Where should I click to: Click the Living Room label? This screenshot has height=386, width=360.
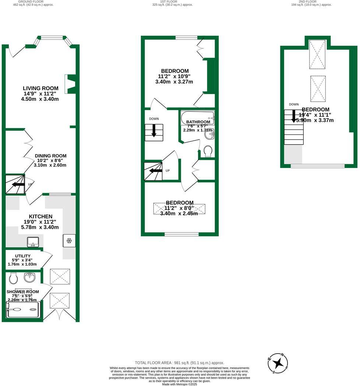pos(40,88)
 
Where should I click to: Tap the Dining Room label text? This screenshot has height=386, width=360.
pos(51,156)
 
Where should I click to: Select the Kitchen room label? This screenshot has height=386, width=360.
pos(40,216)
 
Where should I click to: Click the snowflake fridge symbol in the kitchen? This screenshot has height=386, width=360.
pos(69,241)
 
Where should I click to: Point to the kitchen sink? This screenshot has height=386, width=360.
pos(33,242)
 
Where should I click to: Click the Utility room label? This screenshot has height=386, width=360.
pos(23,256)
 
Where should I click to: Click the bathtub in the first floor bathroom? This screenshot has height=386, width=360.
pos(197,117)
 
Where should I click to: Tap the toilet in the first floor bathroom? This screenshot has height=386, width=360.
pos(208,151)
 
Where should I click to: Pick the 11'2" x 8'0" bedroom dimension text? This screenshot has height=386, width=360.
pos(179,208)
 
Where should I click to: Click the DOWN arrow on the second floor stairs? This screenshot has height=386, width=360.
pos(294,116)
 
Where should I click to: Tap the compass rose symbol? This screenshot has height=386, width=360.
pos(278,363)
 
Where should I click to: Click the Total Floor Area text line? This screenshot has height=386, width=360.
pos(180,363)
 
